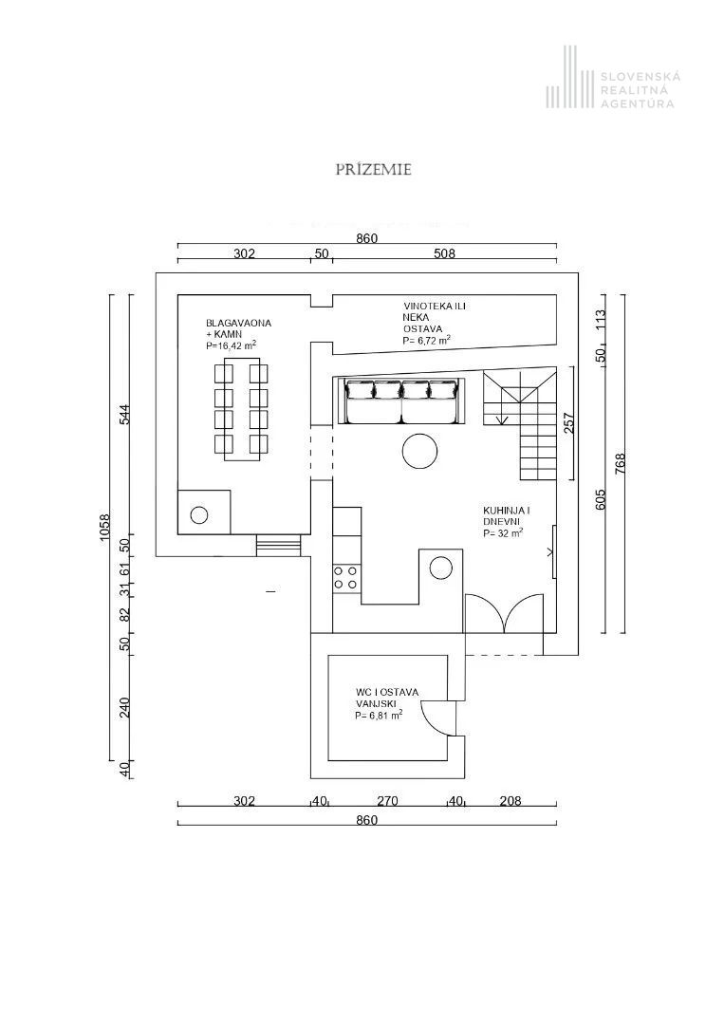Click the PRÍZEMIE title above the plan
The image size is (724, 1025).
point(373,170)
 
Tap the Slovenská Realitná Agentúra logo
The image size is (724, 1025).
point(610,90)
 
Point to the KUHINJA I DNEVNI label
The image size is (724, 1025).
point(506,522)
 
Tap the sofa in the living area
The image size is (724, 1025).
point(400,401)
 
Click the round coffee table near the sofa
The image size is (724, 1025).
point(419,451)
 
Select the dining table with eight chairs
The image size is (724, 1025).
point(242,414)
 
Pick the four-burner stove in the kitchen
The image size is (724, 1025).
point(346,577)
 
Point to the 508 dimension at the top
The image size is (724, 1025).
point(444,253)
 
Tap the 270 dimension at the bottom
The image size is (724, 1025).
point(387,801)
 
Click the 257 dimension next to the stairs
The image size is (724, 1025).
point(569,422)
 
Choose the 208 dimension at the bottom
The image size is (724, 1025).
point(511,801)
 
